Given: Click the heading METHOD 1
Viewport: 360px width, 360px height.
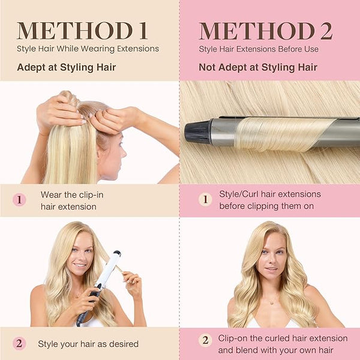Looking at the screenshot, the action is coord(82,31).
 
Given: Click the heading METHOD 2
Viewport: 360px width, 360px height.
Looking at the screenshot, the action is coord(266,31).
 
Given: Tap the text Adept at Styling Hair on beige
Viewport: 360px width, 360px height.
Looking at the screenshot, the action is coord(67,67).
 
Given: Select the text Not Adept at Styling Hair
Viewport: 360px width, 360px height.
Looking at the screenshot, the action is coord(258,67).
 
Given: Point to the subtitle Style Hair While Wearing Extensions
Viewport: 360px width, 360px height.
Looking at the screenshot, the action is coord(88,49).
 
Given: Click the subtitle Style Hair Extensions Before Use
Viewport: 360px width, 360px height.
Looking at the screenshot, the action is coord(259,49).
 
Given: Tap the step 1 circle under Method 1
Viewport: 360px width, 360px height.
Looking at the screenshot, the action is coord(19,200).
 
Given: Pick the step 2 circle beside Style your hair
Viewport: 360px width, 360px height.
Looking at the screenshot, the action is coord(19,343).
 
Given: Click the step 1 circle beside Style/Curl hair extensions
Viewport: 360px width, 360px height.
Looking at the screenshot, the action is coord(205,199).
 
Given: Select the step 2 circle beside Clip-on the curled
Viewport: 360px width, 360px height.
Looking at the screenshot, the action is coord(205,340).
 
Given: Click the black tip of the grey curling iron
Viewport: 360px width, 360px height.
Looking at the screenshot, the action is coord(198,132).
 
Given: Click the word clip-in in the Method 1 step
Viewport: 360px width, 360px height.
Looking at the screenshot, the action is coord(91,195).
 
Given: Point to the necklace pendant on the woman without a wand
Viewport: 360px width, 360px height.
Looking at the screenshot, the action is coord(272,303).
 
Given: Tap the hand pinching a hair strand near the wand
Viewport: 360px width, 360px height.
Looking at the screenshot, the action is coord(132,284).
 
